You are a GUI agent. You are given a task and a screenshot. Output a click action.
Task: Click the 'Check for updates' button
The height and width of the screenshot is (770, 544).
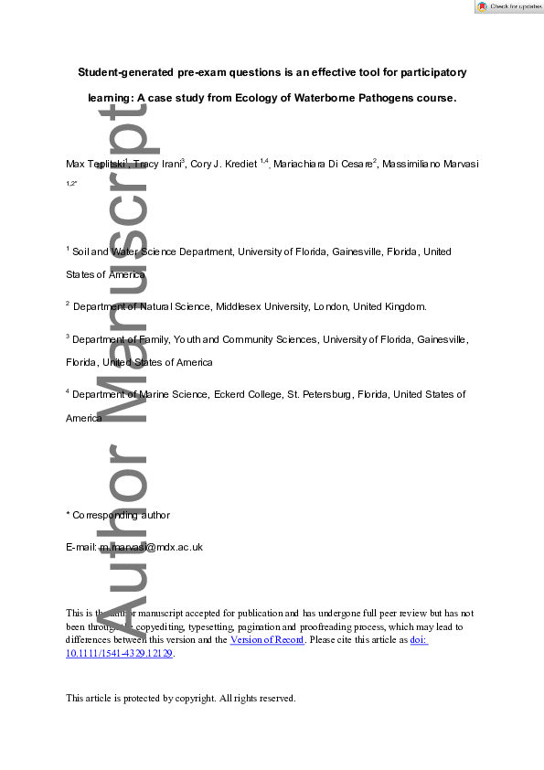(508, 6)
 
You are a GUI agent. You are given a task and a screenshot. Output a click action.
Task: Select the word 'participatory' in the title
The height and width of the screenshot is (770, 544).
(429, 71)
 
